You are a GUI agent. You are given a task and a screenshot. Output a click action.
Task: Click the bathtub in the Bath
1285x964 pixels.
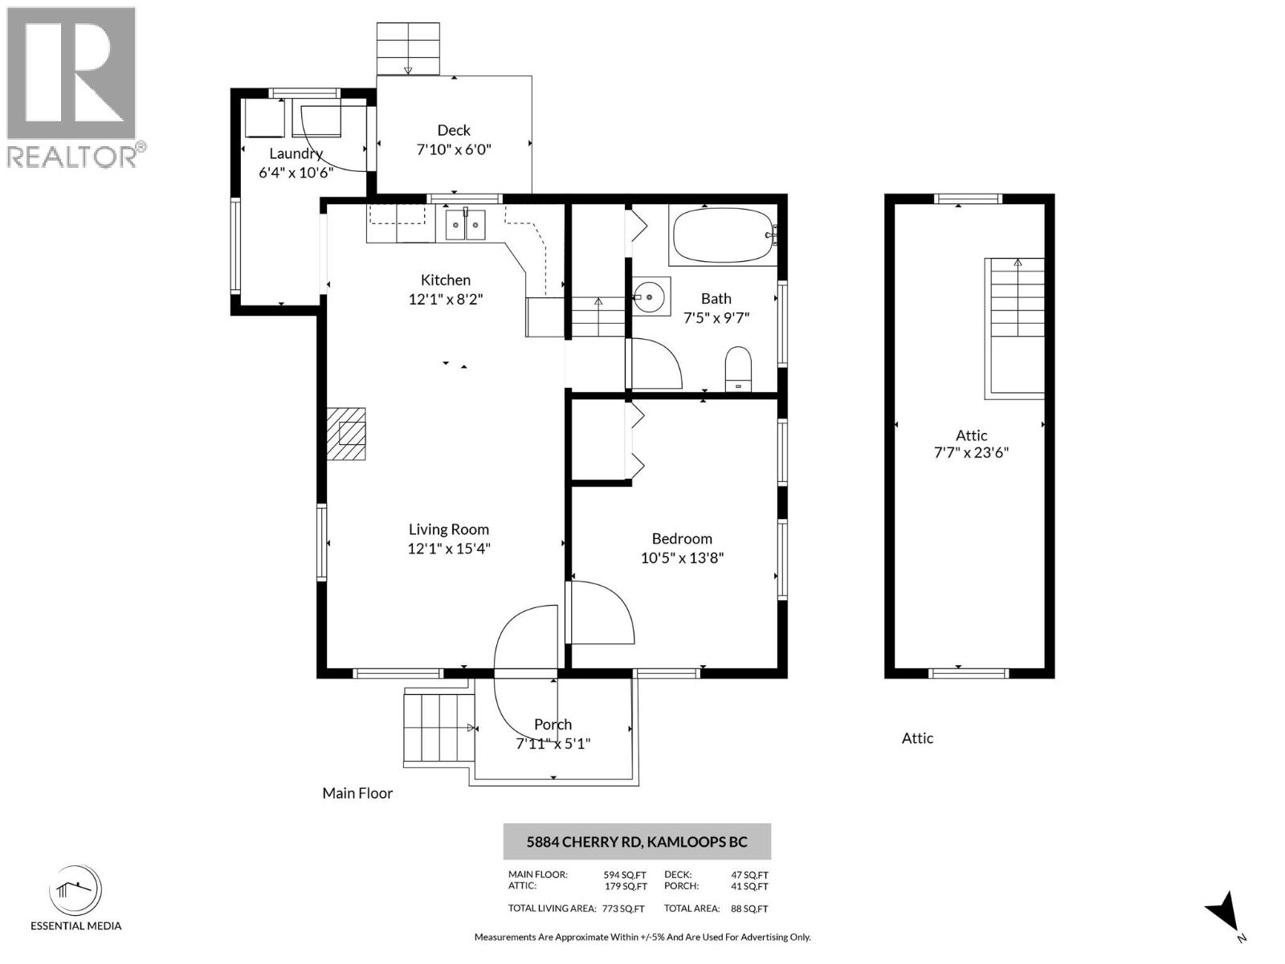pos(721,235)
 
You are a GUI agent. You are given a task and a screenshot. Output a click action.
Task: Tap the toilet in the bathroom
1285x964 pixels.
pos(738,369)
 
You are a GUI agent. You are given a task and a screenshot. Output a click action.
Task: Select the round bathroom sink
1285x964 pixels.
pos(650,296)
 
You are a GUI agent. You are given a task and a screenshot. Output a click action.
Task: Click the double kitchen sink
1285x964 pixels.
pos(465,224)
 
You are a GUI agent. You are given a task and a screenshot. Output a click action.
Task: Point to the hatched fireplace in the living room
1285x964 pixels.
pos(347,434)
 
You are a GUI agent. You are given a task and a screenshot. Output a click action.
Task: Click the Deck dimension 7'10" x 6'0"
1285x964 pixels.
pos(454,149)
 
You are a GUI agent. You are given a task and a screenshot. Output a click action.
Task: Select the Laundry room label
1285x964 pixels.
pos(296,153)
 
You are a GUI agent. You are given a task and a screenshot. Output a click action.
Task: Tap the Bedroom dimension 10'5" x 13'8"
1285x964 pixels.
pos(682,558)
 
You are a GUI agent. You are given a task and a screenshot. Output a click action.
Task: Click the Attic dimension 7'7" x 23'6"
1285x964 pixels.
pos(971,452)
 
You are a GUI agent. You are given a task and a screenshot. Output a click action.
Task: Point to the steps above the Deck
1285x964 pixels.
pos(408,49)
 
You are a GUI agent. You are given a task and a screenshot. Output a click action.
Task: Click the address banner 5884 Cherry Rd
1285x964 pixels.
pos(637,842)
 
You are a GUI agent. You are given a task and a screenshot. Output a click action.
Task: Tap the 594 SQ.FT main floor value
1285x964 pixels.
pos(625,875)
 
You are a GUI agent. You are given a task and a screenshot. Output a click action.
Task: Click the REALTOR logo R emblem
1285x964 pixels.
pos(71,74)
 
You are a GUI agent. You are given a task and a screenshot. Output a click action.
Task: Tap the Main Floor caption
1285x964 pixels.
pos(357,793)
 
